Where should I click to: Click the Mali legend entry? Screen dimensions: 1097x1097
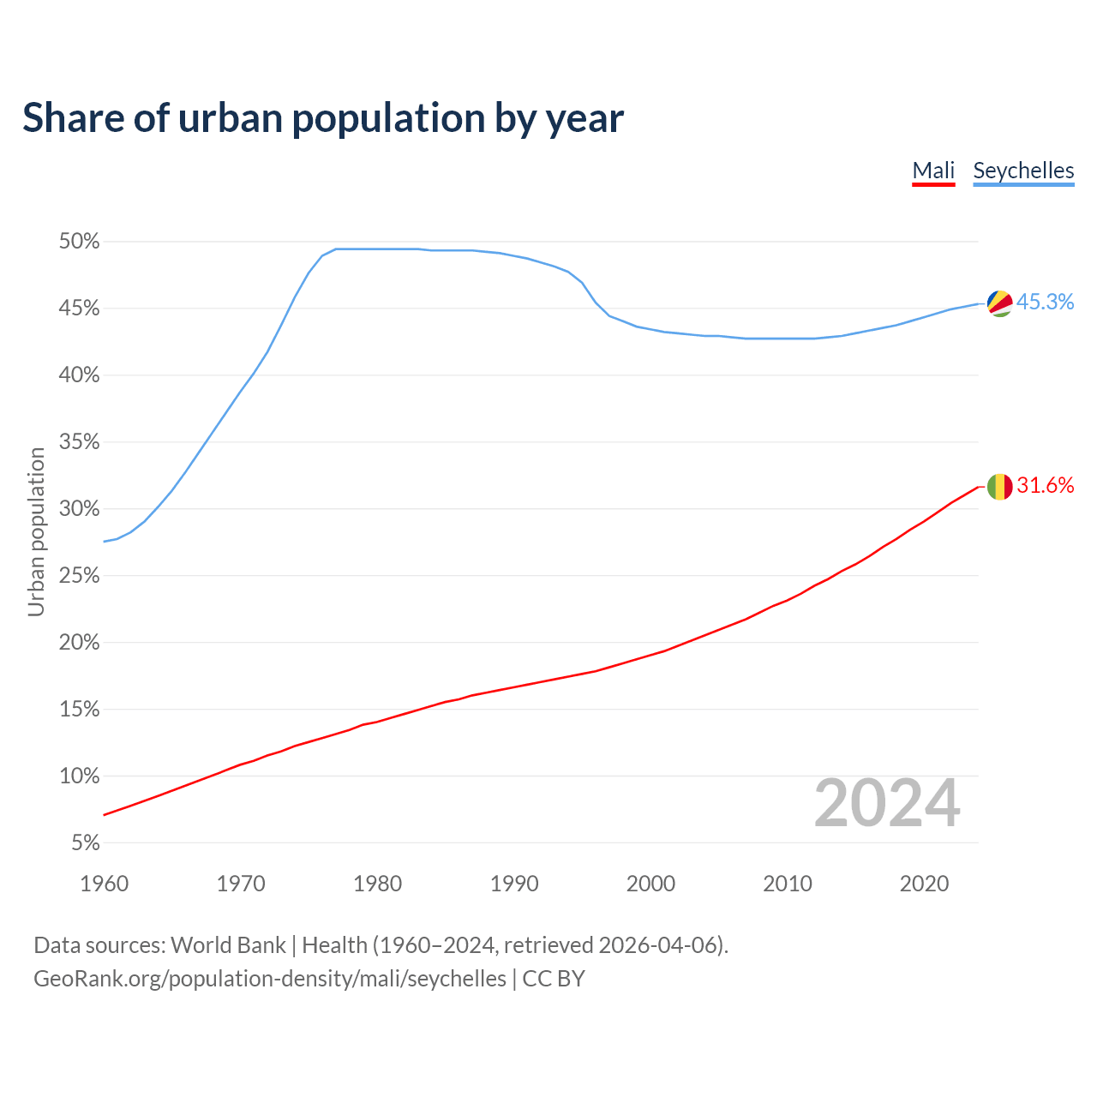click(933, 171)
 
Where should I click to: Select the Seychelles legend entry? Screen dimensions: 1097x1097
click(1023, 171)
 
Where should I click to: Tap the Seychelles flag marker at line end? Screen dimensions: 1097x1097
click(1000, 303)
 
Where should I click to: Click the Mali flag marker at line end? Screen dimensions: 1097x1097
click(1000, 487)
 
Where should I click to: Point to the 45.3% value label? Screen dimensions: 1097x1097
click(1045, 303)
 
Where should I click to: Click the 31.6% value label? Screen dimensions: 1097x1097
click(1045, 486)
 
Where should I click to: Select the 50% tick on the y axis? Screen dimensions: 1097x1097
click(80, 242)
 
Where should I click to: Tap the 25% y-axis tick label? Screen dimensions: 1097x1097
click(80, 576)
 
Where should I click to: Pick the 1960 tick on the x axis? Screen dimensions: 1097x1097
click(104, 884)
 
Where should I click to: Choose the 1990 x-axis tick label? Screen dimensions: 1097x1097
click(514, 884)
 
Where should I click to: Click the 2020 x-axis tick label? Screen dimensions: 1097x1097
click(924, 884)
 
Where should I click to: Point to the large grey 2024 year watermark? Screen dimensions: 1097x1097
click(887, 803)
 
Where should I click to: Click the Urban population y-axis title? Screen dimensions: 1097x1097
click(36, 531)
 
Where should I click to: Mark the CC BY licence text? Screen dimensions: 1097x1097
click(554, 979)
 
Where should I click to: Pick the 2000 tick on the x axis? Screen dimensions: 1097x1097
click(650, 884)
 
